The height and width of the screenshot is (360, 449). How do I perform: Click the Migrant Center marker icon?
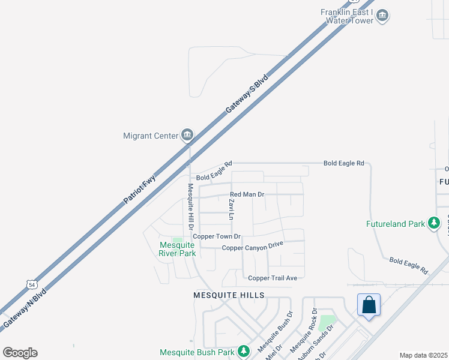coord(187,135)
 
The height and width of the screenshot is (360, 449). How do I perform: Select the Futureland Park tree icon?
coord(434,224)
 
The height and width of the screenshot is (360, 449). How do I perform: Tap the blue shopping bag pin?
coord(369,305)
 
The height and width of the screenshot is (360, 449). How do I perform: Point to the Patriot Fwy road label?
coord(140,187)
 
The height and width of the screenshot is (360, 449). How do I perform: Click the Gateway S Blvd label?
coord(246,95)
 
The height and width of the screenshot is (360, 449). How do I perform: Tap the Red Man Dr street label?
coord(247,195)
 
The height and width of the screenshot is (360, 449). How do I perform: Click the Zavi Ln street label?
coord(231,208)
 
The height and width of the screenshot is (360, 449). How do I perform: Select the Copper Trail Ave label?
coord(273,278)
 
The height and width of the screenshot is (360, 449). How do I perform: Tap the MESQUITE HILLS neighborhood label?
coord(229,295)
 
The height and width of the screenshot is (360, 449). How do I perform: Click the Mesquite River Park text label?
coord(177,249)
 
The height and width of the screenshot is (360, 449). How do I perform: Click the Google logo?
coord(20,353)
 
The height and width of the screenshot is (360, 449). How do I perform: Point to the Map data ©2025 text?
coord(424,355)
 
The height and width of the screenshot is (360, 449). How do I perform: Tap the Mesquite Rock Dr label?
coord(303,330)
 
